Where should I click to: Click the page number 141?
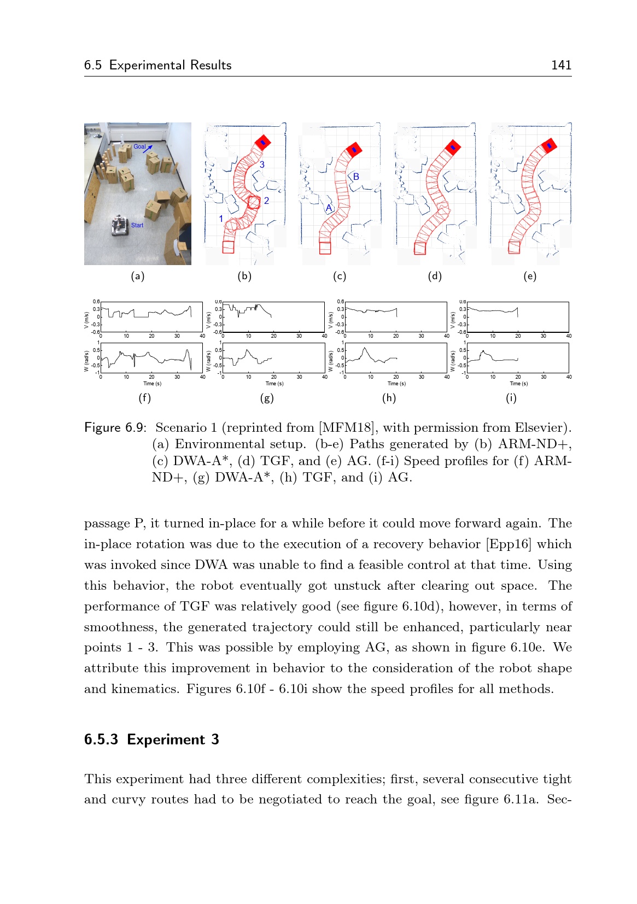click(561, 65)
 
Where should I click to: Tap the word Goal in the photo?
click(139, 146)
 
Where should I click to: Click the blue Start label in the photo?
click(137, 225)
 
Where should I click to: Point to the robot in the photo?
click(120, 225)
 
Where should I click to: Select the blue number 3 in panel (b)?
click(262, 165)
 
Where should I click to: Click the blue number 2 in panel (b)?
click(266, 201)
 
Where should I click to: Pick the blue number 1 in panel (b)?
click(221, 219)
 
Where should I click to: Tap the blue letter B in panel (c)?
click(356, 177)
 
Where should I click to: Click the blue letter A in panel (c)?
click(329, 208)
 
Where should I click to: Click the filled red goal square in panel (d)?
click(452, 146)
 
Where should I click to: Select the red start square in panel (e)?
click(514, 248)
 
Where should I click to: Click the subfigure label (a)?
click(138, 276)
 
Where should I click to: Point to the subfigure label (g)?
click(267, 398)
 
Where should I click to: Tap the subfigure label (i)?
click(511, 398)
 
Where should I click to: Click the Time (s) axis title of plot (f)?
click(152, 384)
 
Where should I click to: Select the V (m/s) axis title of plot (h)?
click(330, 320)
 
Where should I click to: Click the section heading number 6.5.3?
click(101, 739)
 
